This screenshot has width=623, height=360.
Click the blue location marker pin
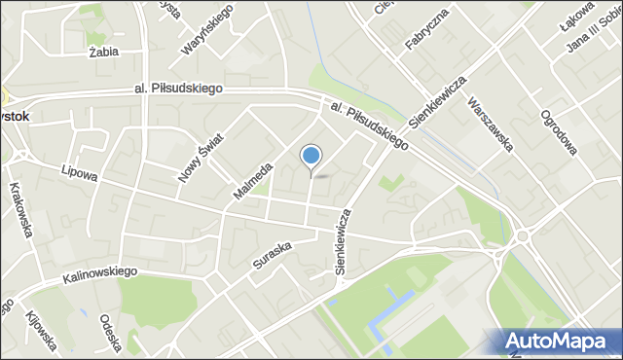[x=311, y=156]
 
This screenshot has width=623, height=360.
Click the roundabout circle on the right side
[x=523, y=235]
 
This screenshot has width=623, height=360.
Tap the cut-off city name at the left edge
[x=14, y=115]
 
